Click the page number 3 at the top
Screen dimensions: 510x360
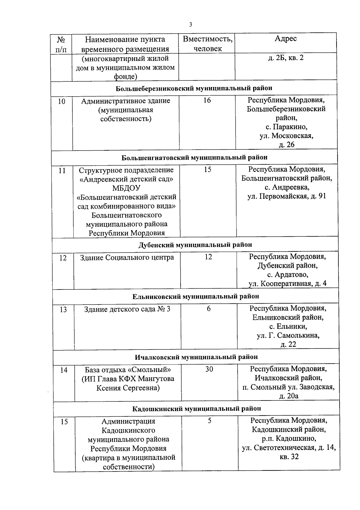click(190, 25)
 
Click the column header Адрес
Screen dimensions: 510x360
click(286, 38)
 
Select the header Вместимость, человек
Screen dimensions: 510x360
click(208, 43)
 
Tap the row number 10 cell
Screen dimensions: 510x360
click(61, 101)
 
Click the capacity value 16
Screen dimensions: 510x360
click(207, 100)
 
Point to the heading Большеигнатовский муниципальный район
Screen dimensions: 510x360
click(194, 157)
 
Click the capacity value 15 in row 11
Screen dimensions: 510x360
click(208, 169)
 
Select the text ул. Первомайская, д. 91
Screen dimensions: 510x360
click(286, 196)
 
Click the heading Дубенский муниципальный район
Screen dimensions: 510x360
click(195, 245)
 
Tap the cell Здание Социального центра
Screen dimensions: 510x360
click(127, 257)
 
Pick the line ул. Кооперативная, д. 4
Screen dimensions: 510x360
click(287, 283)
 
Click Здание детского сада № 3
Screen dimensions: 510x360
click(127, 309)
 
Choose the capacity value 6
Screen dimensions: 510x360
click(208, 309)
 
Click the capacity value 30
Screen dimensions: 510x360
click(209, 369)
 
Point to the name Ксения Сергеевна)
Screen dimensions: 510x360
click(128, 388)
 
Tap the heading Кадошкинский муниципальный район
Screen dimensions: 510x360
click(196, 409)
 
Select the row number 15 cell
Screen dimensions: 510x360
click(64, 422)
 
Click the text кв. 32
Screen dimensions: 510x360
click(289, 457)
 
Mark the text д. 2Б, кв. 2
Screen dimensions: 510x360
click(286, 57)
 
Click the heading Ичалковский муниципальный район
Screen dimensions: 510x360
click(196, 357)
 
